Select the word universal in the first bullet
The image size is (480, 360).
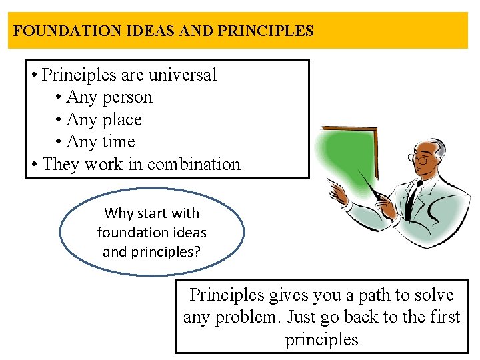[183, 75]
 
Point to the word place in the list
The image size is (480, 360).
[122, 120]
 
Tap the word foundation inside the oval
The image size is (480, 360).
[152, 233]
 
